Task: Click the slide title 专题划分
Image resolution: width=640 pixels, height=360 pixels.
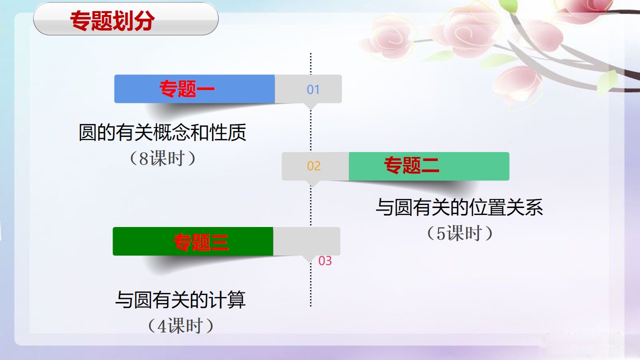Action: pyautogui.click(x=112, y=20)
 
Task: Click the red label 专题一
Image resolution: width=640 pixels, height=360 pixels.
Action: pyautogui.click(x=187, y=89)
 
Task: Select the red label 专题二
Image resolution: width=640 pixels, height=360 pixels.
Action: pyautogui.click(x=411, y=165)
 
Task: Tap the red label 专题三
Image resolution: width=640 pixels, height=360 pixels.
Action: pyautogui.click(x=201, y=242)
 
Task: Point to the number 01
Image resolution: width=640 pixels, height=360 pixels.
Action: pyautogui.click(x=313, y=89)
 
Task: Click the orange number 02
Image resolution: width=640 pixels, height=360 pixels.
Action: pyautogui.click(x=313, y=166)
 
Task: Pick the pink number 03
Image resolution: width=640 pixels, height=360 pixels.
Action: pyautogui.click(x=325, y=261)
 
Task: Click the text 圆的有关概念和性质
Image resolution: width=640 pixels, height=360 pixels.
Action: pyautogui.click(x=162, y=132)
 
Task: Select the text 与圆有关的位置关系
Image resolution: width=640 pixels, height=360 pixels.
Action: pyautogui.click(x=459, y=207)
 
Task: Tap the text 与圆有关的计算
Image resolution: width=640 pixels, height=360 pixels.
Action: pyautogui.click(x=180, y=299)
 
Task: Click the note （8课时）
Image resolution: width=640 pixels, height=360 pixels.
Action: pyautogui.click(x=162, y=158)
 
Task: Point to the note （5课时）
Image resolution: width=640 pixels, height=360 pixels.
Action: pyautogui.click(x=459, y=233)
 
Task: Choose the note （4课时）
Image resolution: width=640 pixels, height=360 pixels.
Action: pyautogui.click(x=180, y=325)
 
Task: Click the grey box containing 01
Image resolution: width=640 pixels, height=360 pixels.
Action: pyautogui.click(x=308, y=89)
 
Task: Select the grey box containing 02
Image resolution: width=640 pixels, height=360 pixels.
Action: pyautogui.click(x=315, y=166)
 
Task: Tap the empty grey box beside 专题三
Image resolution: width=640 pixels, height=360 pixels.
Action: pyautogui.click(x=306, y=241)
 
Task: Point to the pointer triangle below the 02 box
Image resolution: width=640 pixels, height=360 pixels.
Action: pyautogui.click(x=312, y=183)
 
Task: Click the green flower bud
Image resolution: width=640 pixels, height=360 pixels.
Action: pyautogui.click(x=509, y=5)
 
